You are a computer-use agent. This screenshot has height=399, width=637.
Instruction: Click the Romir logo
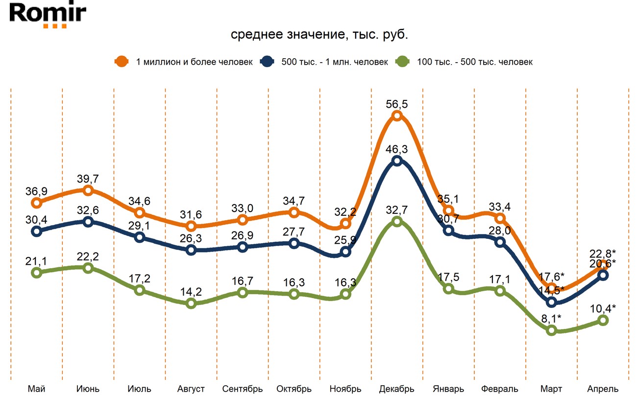[48, 15]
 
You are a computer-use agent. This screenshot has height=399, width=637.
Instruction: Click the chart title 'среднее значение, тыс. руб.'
[319, 35]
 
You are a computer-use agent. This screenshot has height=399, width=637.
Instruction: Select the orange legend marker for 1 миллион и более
[121, 62]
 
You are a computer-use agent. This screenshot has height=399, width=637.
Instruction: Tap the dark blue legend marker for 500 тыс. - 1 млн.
[267, 62]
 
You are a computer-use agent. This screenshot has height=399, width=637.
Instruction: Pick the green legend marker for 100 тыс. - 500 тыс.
[402, 62]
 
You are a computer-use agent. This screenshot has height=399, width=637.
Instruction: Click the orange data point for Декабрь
[397, 116]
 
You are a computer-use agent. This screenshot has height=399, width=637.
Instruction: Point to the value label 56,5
[397, 103]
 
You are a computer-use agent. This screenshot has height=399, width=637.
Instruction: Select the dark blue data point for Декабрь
[397, 161]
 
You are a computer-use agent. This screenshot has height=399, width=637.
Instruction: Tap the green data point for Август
[191, 304]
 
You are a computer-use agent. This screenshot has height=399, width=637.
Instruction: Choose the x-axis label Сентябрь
[243, 389]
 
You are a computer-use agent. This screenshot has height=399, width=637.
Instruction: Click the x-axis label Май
[36, 389]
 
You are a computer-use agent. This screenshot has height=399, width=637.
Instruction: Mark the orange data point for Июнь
[88, 190]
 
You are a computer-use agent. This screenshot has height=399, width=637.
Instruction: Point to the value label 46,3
[397, 148]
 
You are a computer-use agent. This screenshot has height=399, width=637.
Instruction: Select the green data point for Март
[552, 330]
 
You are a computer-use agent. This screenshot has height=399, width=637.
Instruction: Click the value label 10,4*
[603, 308]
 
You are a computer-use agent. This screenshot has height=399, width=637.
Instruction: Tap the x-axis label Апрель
[603, 389]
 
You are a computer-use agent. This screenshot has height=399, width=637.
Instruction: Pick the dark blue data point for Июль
[140, 237]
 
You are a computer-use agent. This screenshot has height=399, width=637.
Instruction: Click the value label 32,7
[397, 209]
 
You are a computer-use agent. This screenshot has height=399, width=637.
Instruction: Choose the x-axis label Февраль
[499, 389]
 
